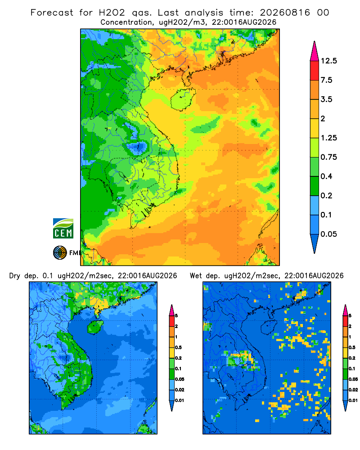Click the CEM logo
tap(63, 229)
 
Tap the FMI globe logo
tap(60, 253)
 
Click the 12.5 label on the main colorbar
tap(329, 61)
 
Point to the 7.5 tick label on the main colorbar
tap(327, 80)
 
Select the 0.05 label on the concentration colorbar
tap(329, 234)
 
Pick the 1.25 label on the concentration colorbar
tap(329, 138)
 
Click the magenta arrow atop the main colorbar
tap(315, 51)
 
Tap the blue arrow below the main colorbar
tap(315, 243)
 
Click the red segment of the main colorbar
tap(315, 71)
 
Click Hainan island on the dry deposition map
tap(95, 327)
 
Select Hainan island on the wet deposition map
tap(269, 327)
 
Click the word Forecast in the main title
tap(52, 13)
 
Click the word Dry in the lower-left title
tap(15, 276)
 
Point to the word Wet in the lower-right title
tap(196, 276)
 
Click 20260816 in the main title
tap(285, 13)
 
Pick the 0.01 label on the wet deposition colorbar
tap(353, 400)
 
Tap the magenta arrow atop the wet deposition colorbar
tap(345, 310)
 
